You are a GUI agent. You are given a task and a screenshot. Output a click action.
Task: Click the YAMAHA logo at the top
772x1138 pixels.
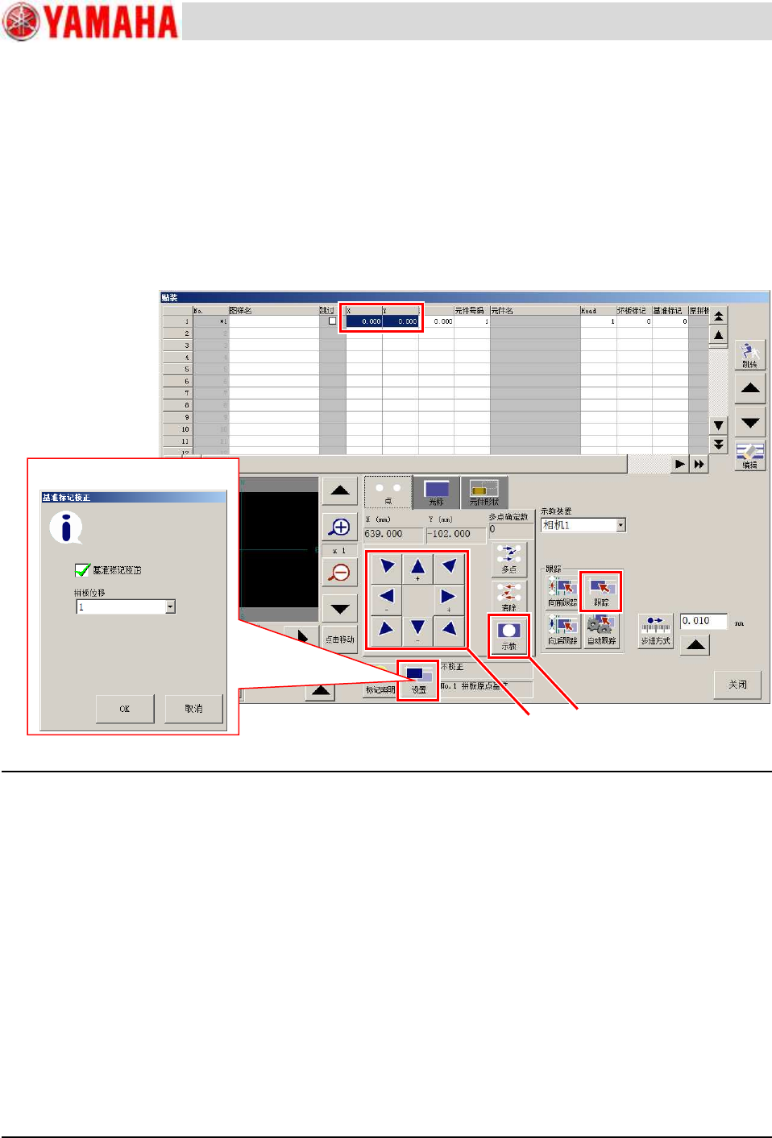pyautogui.click(x=90, y=22)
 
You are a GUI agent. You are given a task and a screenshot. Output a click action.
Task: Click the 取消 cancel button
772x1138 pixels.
pyautogui.click(x=193, y=709)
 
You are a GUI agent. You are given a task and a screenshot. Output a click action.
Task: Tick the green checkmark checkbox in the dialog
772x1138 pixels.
pyautogui.click(x=82, y=570)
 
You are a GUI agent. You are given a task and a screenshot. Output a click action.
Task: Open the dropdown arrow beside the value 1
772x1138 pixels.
pyautogui.click(x=170, y=607)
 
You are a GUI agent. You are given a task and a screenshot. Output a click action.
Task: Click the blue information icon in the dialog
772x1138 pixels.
pyautogui.click(x=66, y=528)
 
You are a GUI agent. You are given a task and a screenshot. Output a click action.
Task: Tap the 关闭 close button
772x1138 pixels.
pyautogui.click(x=737, y=685)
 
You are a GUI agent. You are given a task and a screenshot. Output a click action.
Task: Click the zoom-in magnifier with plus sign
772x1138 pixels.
pyautogui.click(x=340, y=527)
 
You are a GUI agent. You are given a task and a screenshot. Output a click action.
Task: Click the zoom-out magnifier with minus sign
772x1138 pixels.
pyautogui.click(x=340, y=573)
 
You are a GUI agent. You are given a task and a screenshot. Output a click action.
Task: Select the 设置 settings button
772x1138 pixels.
pyautogui.click(x=417, y=681)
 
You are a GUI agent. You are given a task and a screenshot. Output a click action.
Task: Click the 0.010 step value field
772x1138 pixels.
pyautogui.click(x=703, y=621)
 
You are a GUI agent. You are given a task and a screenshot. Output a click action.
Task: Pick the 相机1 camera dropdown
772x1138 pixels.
pyautogui.click(x=583, y=525)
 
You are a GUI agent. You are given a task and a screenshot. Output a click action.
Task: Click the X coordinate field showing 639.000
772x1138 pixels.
pyautogui.click(x=392, y=534)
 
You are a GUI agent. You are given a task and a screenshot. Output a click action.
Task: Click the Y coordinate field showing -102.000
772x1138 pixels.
pyautogui.click(x=455, y=534)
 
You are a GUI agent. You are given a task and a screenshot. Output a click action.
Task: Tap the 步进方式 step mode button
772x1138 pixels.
pyautogui.click(x=655, y=631)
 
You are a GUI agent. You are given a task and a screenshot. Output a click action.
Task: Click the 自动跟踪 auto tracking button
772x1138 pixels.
pyautogui.click(x=601, y=631)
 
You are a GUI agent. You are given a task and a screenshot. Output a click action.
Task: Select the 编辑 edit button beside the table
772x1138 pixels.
pyautogui.click(x=749, y=456)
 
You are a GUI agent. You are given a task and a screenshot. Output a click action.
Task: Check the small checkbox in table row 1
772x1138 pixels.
pyautogui.click(x=332, y=321)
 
